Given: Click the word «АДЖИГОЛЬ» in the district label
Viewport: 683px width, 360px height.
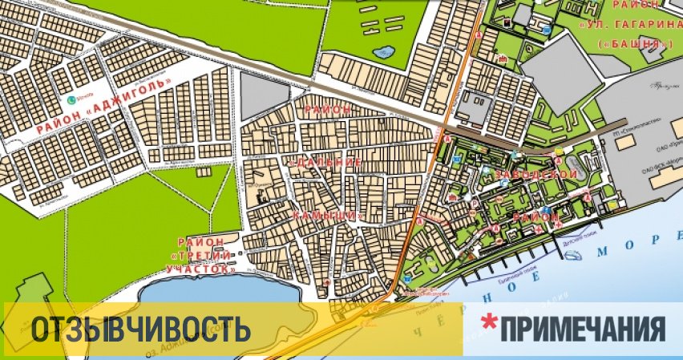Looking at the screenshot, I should [132, 93].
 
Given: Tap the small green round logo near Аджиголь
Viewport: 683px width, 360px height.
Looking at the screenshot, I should [71, 100].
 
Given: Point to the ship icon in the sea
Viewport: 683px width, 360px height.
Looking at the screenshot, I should [575, 256].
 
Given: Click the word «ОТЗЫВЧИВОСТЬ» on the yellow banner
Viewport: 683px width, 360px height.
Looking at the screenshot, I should [137, 329].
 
